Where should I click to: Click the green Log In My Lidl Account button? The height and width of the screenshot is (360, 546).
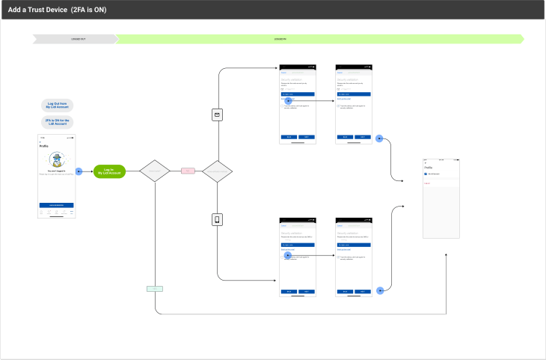tap(109, 171)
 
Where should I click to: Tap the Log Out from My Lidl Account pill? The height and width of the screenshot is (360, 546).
tap(58, 106)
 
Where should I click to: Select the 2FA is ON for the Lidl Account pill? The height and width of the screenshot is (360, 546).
tap(58, 122)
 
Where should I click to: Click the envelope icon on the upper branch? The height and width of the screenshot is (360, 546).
tap(217, 115)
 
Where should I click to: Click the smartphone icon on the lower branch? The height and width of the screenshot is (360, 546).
tap(217, 220)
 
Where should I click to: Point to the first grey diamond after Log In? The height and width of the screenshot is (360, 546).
tap(156, 171)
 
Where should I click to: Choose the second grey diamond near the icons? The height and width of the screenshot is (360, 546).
tap(217, 171)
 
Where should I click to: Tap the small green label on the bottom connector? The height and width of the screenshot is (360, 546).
tap(155, 288)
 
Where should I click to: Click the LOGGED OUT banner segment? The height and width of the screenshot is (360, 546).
tap(78, 37)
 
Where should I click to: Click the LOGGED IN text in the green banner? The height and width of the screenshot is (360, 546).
tap(280, 37)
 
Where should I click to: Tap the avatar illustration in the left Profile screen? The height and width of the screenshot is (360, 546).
tap(58, 159)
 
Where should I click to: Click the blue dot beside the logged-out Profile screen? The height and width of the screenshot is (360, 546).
tap(79, 171)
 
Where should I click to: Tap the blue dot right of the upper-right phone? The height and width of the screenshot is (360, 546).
tap(380, 138)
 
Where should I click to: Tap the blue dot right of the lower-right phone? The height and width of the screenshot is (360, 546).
tap(380, 289)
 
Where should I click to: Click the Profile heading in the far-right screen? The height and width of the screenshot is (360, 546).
tap(429, 167)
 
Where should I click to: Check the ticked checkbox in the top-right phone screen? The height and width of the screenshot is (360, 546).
tap(339, 106)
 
